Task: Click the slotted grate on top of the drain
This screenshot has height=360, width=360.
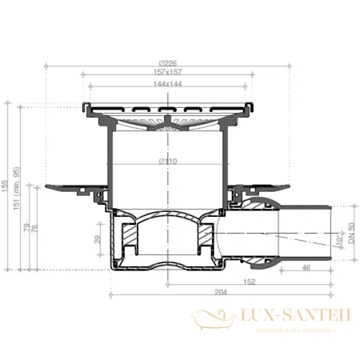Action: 167,109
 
